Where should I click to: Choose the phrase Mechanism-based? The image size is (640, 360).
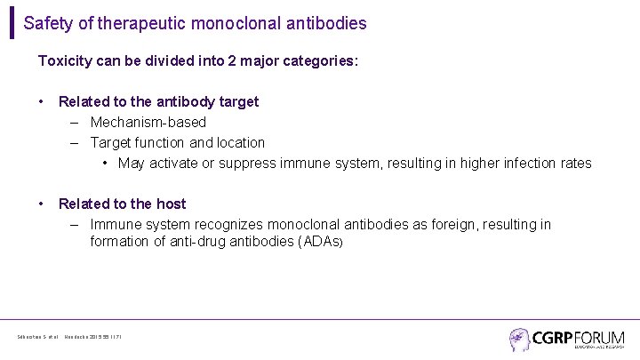coord(148,122)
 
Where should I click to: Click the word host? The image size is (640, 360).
coord(169,204)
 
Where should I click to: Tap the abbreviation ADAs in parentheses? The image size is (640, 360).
coord(319,242)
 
